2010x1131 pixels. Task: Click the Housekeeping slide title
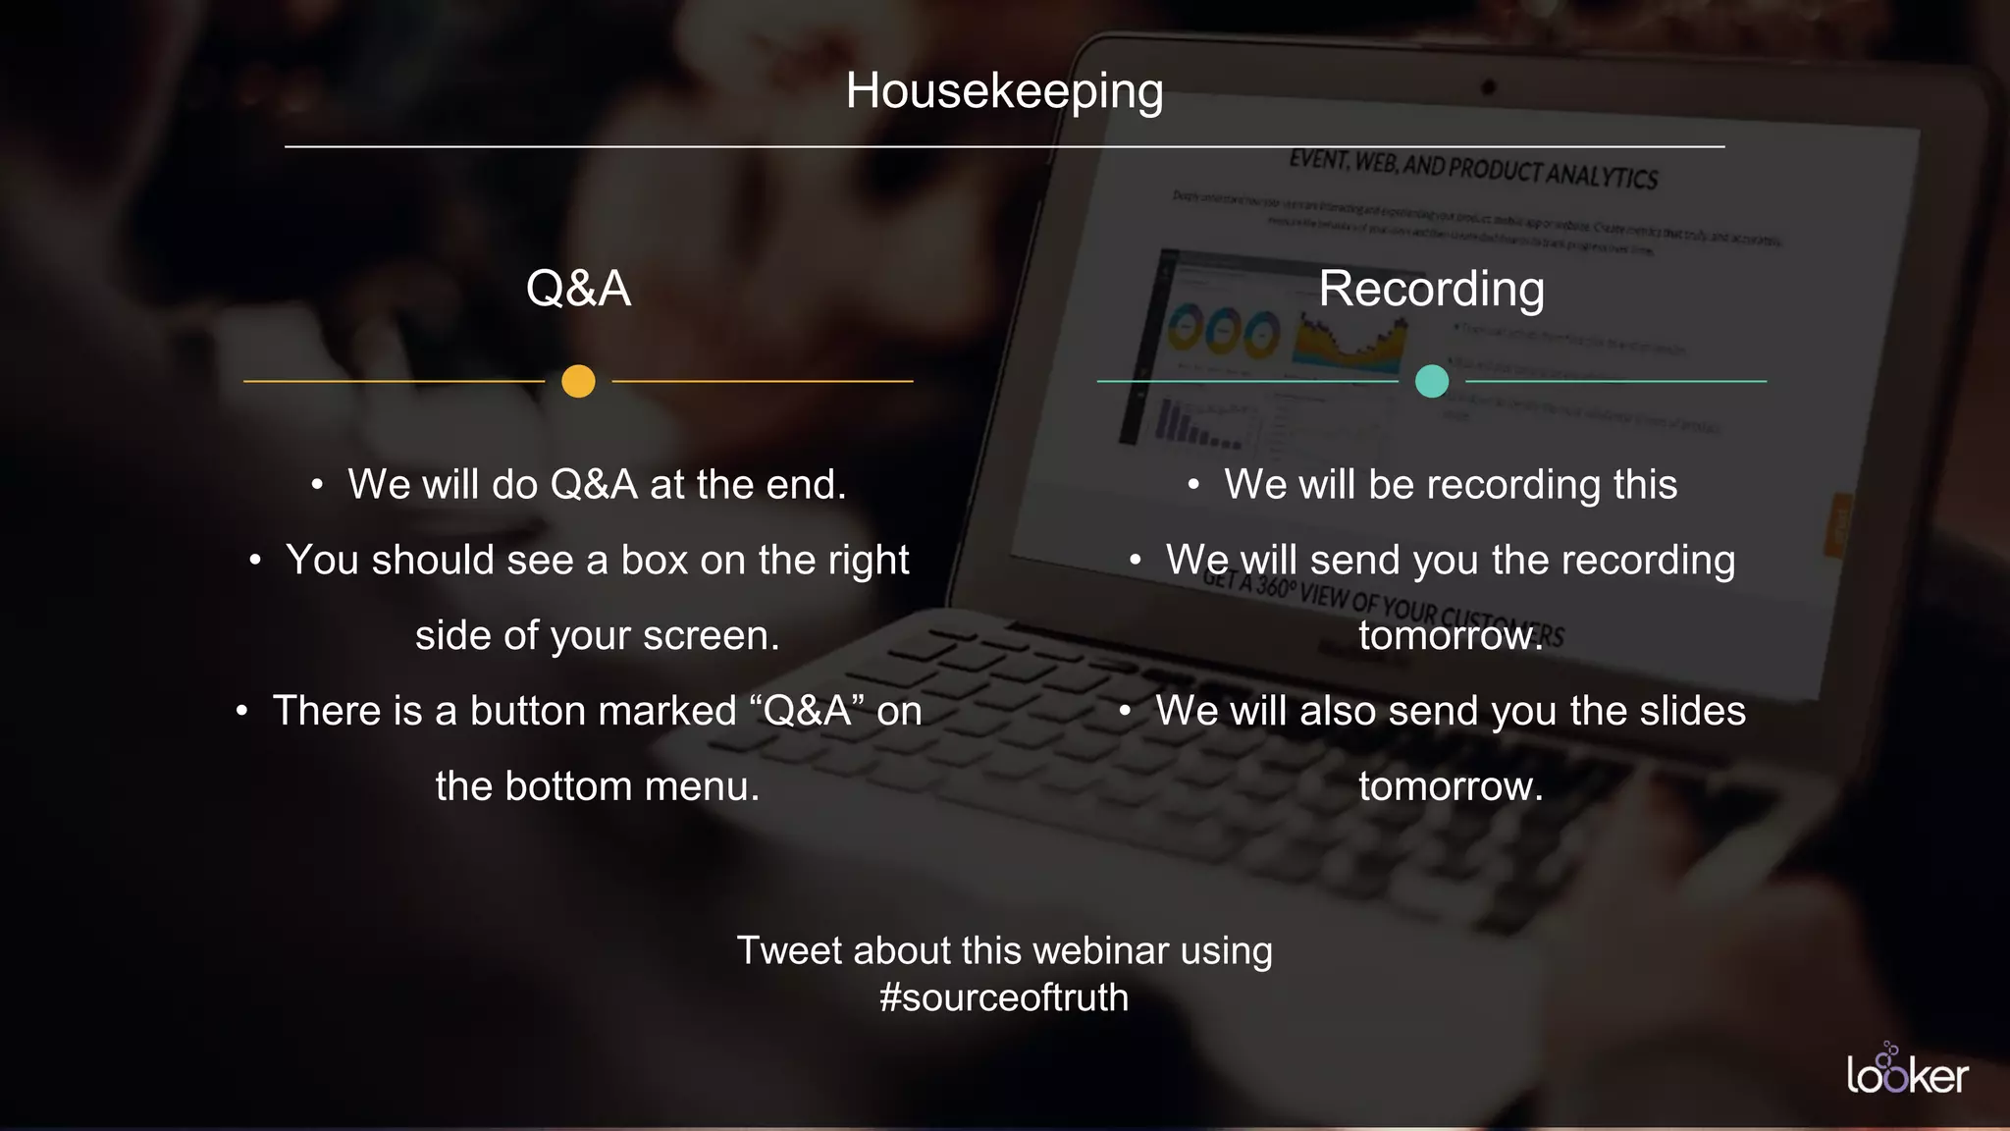pyautogui.click(x=1004, y=91)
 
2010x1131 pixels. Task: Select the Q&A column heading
pyautogui.click(x=578, y=289)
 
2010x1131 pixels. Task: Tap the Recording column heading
pyautogui.click(x=1431, y=289)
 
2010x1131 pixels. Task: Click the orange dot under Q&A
pyautogui.click(x=578, y=381)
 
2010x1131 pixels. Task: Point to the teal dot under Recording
pyautogui.click(x=1432, y=381)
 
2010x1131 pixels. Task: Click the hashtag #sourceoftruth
pyautogui.click(x=1004, y=997)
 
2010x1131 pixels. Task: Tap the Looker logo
pyautogui.click(x=1906, y=1071)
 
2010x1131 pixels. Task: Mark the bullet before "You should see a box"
pyautogui.click(x=255, y=561)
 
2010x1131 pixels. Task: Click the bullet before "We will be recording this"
pyautogui.click(x=1193, y=485)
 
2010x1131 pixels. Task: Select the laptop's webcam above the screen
pyautogui.click(x=1488, y=87)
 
